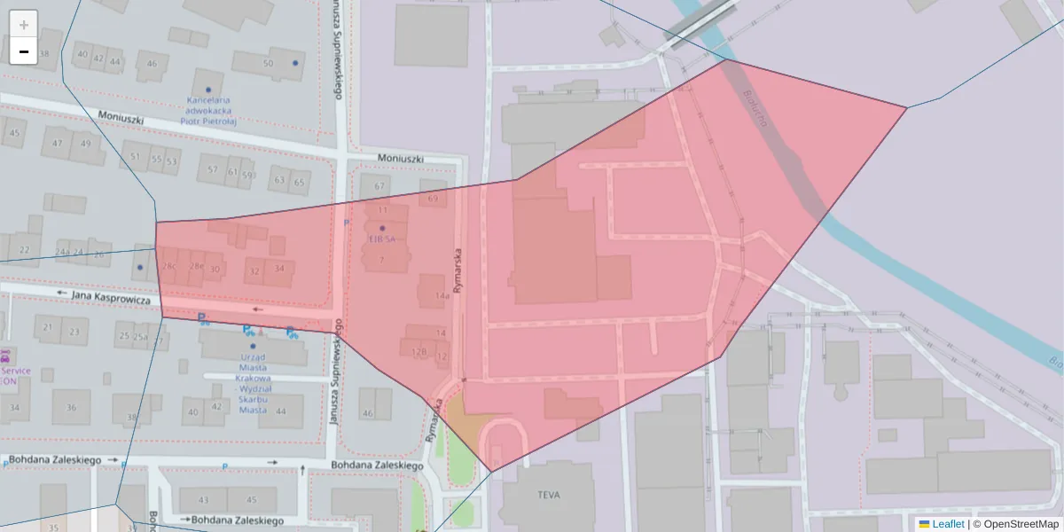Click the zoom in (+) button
(x=23, y=24)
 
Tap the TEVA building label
(x=549, y=495)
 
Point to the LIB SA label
(x=382, y=239)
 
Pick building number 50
(x=268, y=63)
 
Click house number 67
(x=379, y=186)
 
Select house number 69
(x=433, y=199)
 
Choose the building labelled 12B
(x=419, y=352)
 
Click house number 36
(x=71, y=407)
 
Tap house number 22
(x=24, y=250)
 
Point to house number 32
(x=254, y=270)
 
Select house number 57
(x=212, y=170)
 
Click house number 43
(x=204, y=500)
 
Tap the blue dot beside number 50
(x=295, y=63)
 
